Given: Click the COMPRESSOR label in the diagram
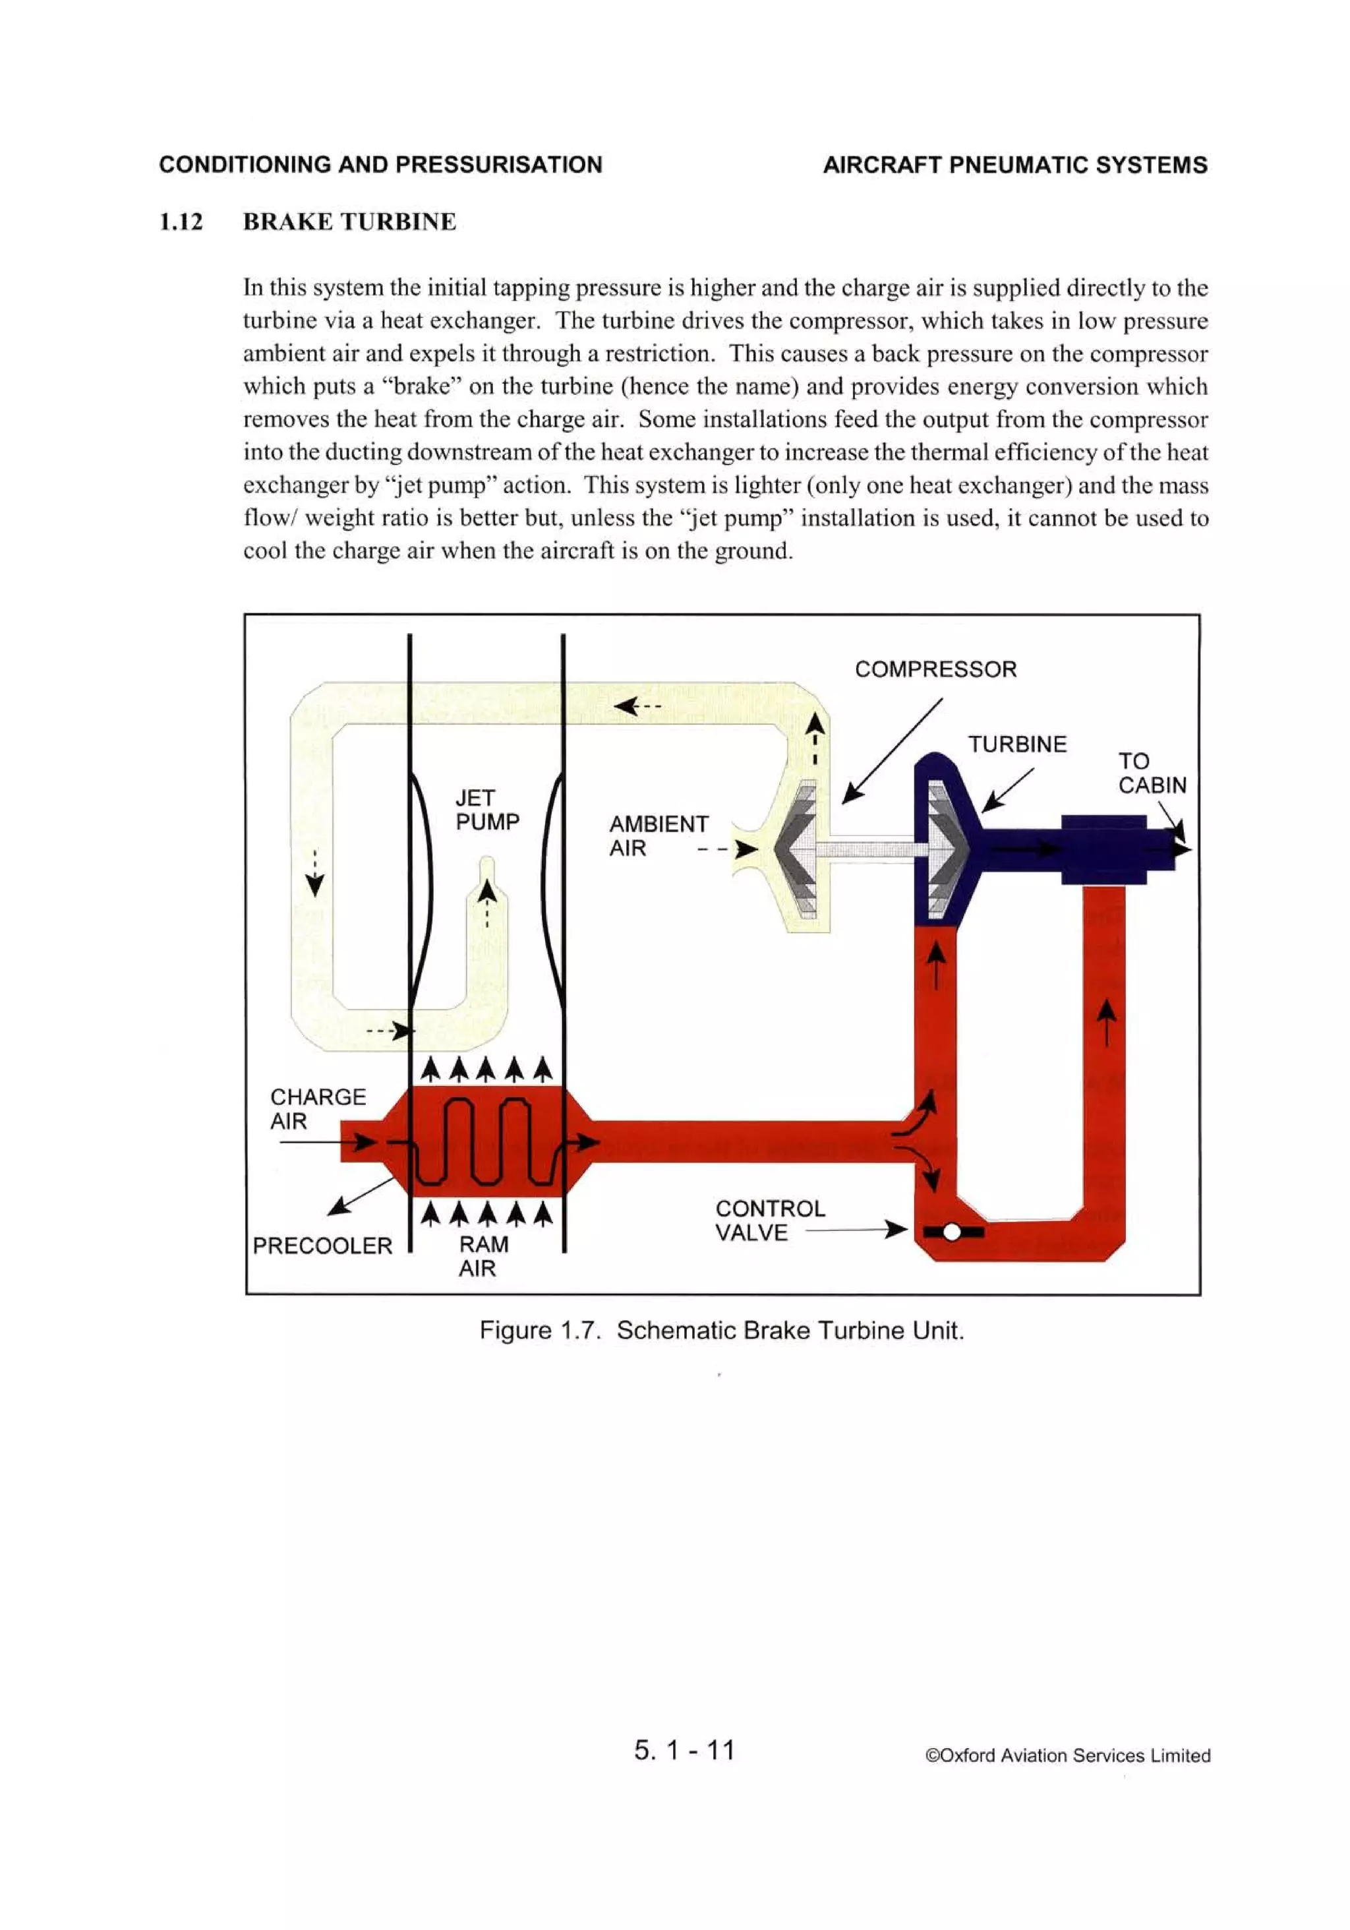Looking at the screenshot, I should click(935, 669).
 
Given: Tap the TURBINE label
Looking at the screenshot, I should click(1016, 744).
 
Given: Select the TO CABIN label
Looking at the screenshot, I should click(1151, 773).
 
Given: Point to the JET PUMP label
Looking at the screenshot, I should click(486, 810).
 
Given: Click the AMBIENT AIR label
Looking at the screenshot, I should click(658, 835).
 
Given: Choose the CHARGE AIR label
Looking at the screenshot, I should click(317, 1108).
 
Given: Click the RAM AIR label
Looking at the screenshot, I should click(483, 1256).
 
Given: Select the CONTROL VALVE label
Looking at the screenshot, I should click(769, 1221).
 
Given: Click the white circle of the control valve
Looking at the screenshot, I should click(952, 1232).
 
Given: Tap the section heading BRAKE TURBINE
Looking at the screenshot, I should click(349, 222).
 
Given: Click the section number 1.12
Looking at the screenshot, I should click(181, 222).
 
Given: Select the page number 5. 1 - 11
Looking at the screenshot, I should click(684, 1750).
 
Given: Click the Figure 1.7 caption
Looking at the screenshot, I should click(721, 1330).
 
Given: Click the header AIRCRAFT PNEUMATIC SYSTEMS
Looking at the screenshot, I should click(1014, 165).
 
